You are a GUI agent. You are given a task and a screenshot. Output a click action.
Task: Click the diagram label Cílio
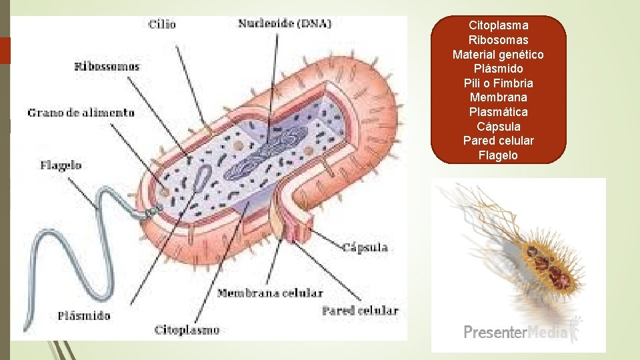coord(162,24)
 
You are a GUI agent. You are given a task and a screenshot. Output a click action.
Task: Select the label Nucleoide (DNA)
coord(285,23)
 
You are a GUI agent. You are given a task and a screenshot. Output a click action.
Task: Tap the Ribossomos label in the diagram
coord(107,66)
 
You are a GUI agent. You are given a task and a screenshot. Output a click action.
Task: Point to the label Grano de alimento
coord(81,113)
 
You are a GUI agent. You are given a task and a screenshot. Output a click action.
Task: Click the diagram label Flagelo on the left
coord(61,165)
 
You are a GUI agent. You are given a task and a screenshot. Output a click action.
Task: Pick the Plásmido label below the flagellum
coord(84,315)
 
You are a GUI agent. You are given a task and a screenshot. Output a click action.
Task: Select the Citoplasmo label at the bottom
coord(187,329)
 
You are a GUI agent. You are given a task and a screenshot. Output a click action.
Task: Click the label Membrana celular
coord(270,293)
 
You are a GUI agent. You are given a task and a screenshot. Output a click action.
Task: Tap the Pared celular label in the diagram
coord(360,310)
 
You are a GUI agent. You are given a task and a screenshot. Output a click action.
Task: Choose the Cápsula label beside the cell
coord(365,248)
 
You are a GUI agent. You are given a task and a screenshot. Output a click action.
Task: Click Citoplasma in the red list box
coord(499,25)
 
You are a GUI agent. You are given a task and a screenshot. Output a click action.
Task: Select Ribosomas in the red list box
coord(499,40)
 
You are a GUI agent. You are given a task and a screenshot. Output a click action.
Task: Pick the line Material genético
coord(499,55)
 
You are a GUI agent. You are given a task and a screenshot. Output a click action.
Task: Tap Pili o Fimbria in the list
coord(499,83)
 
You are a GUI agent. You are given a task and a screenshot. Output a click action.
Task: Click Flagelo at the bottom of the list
coord(499,155)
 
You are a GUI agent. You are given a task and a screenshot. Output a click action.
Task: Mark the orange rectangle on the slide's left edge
coord(5,51)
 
